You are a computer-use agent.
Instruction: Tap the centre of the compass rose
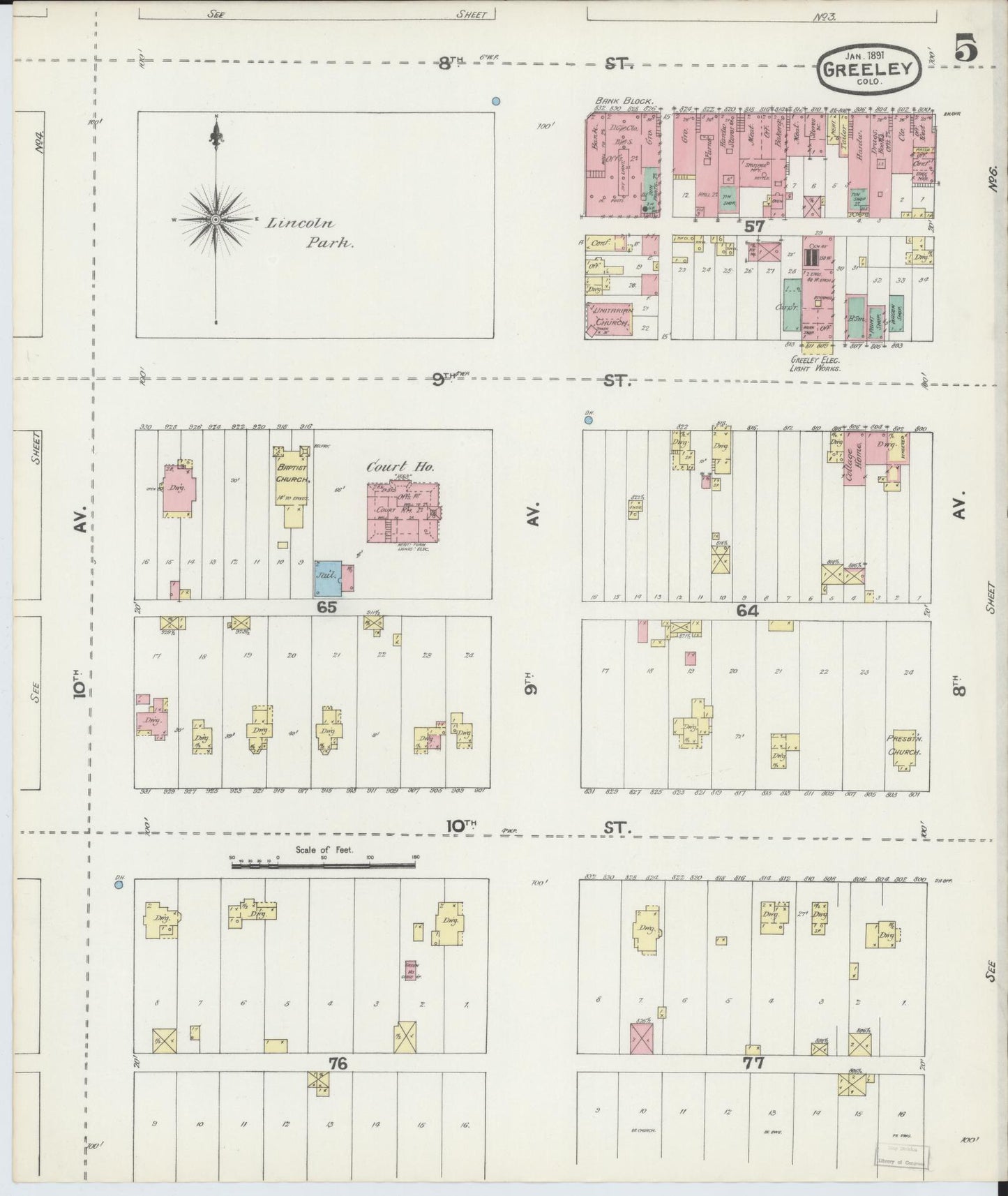click(216, 220)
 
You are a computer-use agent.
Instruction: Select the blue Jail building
click(328, 577)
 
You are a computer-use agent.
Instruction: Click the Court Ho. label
click(401, 467)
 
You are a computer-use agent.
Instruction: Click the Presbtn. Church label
click(905, 745)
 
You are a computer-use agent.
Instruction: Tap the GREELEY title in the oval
click(868, 68)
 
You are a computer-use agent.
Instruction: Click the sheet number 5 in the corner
click(967, 50)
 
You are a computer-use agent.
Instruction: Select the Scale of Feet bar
click(324, 865)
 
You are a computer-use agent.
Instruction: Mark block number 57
click(754, 226)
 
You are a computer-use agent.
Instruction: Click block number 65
click(326, 607)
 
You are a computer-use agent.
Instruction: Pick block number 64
click(747, 611)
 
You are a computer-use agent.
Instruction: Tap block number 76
click(338, 1063)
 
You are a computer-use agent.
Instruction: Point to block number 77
click(754, 1063)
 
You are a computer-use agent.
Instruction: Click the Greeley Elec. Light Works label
click(815, 364)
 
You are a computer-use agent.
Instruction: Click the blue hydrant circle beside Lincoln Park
click(496, 101)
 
